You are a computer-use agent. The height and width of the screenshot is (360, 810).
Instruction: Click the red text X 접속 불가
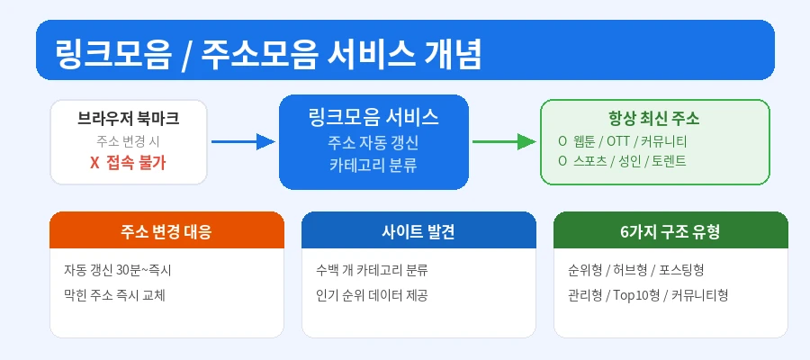(x=129, y=163)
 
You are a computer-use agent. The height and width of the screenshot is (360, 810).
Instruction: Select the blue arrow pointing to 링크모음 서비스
(x=242, y=141)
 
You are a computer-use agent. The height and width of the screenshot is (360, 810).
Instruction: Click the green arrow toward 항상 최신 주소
(x=504, y=141)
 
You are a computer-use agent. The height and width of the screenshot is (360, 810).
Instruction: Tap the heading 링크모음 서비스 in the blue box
(x=373, y=117)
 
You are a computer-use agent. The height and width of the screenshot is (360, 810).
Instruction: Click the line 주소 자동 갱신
(x=373, y=142)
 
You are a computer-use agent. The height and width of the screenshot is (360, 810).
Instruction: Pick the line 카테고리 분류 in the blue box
(x=373, y=165)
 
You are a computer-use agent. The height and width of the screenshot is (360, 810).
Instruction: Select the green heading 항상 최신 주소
(x=654, y=119)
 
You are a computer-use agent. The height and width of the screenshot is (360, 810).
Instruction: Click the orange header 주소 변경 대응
(x=166, y=231)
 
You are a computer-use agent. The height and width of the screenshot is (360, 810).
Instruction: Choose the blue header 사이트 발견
(x=418, y=231)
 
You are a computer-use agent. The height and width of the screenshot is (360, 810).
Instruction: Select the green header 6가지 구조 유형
(x=670, y=231)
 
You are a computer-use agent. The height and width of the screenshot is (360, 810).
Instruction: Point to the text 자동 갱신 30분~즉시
(x=117, y=270)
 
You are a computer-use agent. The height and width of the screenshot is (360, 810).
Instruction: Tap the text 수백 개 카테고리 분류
(x=372, y=270)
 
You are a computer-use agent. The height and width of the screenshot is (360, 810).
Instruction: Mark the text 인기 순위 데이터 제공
(x=372, y=294)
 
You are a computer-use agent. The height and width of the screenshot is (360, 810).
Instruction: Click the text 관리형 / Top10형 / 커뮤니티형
(x=648, y=294)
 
